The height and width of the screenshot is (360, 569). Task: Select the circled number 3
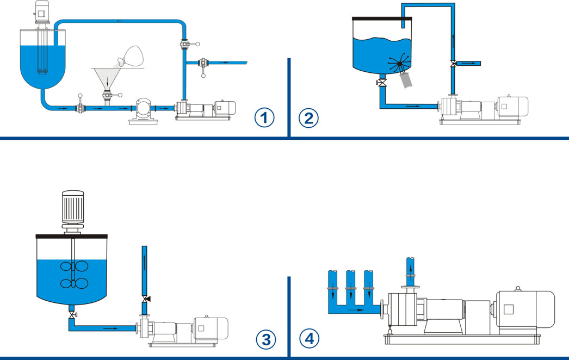[x=266, y=339]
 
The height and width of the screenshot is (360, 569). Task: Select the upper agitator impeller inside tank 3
[x=71, y=267]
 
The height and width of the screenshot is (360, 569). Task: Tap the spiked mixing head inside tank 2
[x=400, y=65]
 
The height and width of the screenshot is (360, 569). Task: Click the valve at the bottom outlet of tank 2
[x=382, y=83]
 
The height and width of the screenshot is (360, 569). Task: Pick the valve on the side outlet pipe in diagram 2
[x=452, y=64]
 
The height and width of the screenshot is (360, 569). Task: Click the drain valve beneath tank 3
[x=71, y=315]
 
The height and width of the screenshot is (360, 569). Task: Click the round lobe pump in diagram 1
[x=144, y=109]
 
